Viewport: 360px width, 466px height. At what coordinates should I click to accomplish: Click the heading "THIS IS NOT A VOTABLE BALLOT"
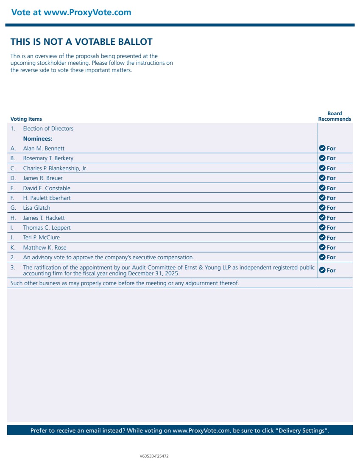(81, 42)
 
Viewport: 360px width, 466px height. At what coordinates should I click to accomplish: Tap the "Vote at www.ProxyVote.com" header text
(71, 12)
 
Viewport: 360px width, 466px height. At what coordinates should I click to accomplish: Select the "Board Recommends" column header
(335, 116)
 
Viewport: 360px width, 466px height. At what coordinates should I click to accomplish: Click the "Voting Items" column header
(26, 119)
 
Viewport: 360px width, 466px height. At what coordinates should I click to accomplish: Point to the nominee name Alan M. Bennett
(44, 148)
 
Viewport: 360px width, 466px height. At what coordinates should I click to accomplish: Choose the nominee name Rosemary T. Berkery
(48, 158)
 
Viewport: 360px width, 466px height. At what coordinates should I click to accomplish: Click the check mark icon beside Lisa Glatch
(322, 208)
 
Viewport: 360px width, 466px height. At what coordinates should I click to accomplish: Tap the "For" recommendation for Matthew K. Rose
(331, 247)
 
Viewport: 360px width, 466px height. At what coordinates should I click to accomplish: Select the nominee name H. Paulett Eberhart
(47, 198)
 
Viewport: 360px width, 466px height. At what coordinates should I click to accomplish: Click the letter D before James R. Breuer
(13, 178)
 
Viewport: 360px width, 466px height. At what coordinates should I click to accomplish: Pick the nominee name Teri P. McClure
(42, 237)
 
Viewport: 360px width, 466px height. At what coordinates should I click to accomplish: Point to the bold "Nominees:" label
(38, 139)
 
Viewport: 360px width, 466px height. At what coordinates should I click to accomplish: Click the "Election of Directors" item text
(48, 128)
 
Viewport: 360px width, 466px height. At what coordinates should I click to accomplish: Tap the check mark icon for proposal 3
(322, 270)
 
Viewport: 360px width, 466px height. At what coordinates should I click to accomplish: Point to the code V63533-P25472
(154, 456)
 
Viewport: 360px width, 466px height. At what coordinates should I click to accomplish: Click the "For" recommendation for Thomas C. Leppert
(331, 227)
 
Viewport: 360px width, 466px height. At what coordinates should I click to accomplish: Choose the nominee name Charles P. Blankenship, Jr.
(55, 168)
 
